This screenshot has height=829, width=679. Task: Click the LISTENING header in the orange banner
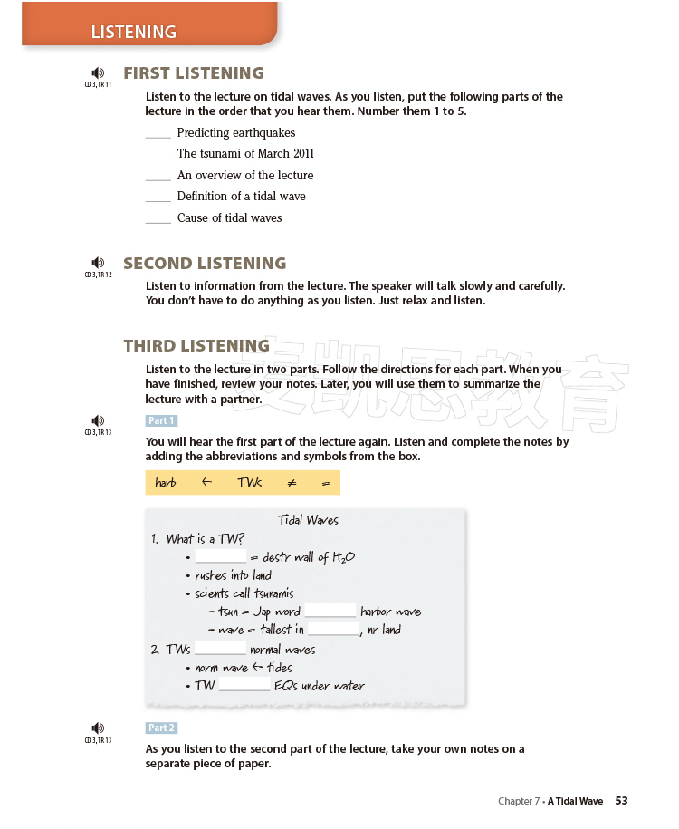click(133, 32)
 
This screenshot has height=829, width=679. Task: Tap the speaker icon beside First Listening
click(98, 73)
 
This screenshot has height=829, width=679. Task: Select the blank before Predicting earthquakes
click(158, 133)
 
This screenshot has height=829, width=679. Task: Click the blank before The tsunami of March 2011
click(158, 154)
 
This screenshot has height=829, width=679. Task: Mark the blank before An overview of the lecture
click(158, 176)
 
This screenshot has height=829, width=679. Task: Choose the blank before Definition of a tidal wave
click(158, 197)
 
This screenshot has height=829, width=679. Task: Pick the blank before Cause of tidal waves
click(158, 218)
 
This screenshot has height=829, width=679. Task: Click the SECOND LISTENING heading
click(205, 264)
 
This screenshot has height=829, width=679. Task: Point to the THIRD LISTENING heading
click(196, 345)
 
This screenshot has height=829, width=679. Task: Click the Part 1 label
click(161, 420)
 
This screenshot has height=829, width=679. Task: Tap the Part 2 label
click(161, 728)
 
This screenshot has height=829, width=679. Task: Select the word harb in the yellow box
click(166, 483)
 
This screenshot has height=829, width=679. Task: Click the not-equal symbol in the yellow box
click(292, 483)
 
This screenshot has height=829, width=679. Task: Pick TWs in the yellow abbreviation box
click(250, 483)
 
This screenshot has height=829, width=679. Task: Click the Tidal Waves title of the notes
click(308, 520)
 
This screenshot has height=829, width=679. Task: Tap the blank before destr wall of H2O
click(221, 557)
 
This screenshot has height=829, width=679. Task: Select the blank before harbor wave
click(330, 612)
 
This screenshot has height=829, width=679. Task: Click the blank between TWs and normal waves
click(220, 650)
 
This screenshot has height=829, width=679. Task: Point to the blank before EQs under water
click(244, 686)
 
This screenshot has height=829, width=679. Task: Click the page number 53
click(621, 801)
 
